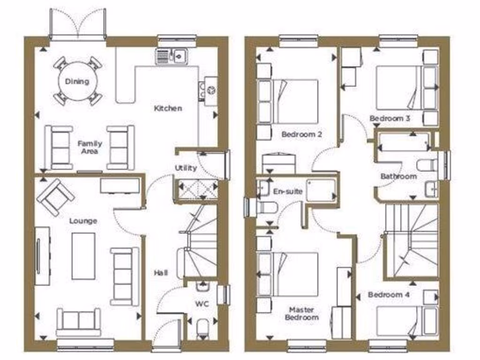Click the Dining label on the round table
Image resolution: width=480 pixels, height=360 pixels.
(x=77, y=82)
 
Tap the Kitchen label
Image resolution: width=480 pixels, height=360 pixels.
(x=168, y=108)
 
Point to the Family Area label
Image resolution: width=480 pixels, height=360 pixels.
(x=90, y=147)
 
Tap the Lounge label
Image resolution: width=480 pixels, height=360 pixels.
(x=83, y=221)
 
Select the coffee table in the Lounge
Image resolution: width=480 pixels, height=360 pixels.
(x=83, y=255)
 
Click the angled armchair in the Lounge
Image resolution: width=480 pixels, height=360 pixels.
(x=55, y=197)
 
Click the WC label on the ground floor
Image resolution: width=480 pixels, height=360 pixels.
(x=201, y=304)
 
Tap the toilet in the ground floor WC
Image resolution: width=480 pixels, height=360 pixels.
(x=203, y=327)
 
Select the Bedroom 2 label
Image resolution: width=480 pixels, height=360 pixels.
(x=301, y=135)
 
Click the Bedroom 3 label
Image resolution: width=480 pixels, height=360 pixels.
(x=390, y=119)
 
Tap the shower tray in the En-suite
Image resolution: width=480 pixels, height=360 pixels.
(x=322, y=190)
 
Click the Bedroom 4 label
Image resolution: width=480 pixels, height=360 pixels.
(x=385, y=295)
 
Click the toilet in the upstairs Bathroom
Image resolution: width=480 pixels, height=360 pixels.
(x=427, y=165)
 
